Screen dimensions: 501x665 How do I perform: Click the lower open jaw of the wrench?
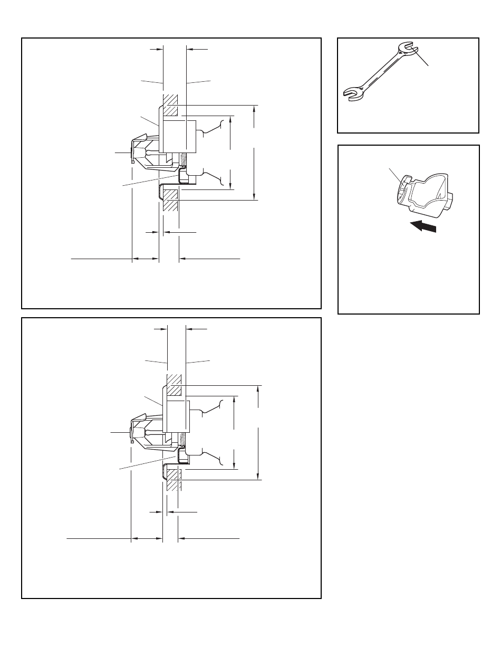click(x=352, y=93)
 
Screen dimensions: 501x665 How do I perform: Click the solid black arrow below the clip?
click(x=424, y=226)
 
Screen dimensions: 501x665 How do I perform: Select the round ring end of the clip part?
click(x=402, y=189)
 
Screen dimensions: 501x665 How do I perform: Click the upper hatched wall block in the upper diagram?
click(x=170, y=106)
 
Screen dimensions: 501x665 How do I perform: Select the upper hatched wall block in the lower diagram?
click(x=174, y=385)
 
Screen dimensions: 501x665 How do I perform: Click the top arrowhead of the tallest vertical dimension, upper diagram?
click(x=254, y=109)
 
